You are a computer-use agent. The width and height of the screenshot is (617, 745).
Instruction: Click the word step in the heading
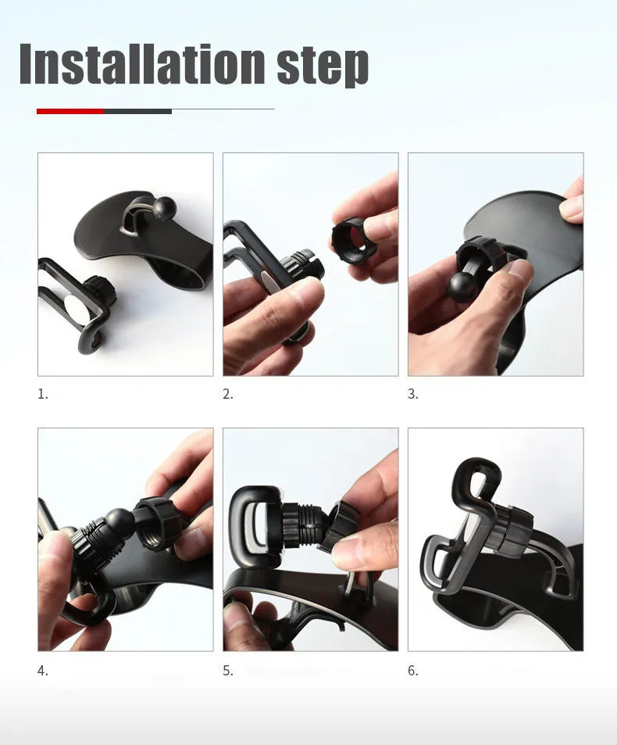(x=322, y=66)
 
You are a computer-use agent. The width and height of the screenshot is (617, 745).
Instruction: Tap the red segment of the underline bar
(x=70, y=111)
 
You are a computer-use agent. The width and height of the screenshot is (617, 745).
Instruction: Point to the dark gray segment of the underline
(x=137, y=111)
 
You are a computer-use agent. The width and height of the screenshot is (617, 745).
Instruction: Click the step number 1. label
(x=43, y=394)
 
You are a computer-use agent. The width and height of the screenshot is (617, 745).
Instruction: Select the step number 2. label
(x=228, y=394)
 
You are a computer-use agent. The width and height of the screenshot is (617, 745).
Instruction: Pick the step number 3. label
(x=413, y=394)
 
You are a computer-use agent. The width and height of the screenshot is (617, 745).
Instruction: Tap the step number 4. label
(x=43, y=670)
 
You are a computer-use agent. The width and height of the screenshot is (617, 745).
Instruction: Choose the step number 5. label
(x=228, y=670)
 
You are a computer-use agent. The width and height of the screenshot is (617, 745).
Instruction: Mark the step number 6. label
(x=413, y=670)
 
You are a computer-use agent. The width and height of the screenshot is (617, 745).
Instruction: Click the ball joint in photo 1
(x=165, y=207)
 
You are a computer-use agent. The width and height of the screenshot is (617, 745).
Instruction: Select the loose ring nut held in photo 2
(x=354, y=241)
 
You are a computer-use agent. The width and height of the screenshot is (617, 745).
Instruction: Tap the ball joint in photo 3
(x=462, y=287)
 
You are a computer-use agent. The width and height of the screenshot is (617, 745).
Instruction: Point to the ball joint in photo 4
(x=119, y=522)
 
